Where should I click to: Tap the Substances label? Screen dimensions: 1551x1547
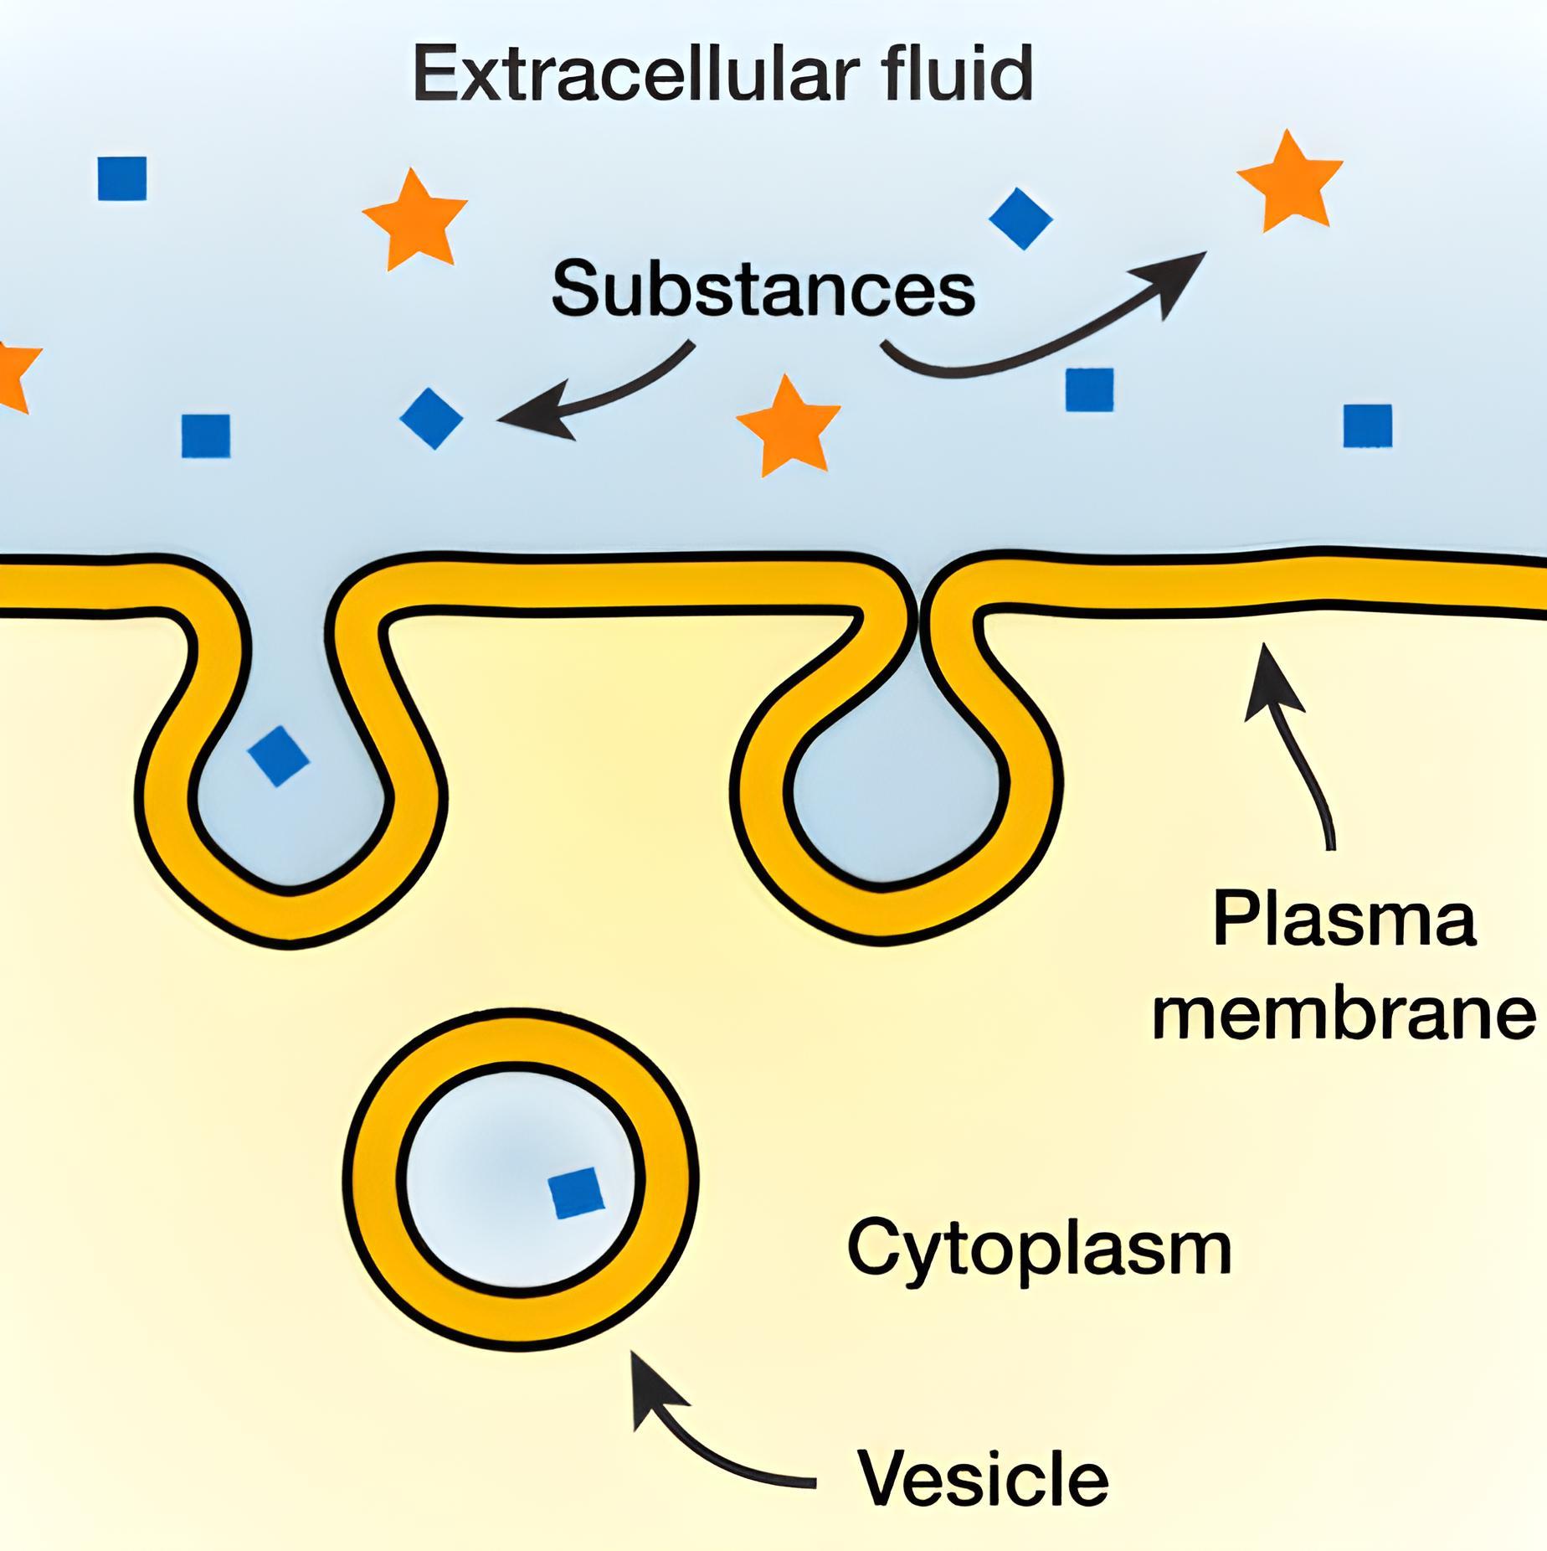click(763, 288)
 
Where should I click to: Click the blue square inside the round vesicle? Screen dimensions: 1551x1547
click(576, 1193)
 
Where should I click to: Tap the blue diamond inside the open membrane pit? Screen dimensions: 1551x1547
click(279, 756)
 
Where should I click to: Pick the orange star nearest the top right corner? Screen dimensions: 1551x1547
click(1290, 181)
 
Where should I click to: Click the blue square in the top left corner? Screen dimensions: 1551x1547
click(122, 178)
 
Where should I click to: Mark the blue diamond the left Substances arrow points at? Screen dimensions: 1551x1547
click(432, 418)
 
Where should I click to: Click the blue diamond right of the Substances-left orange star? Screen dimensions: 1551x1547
click(1020, 218)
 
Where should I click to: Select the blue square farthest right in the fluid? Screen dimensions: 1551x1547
click(1367, 425)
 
